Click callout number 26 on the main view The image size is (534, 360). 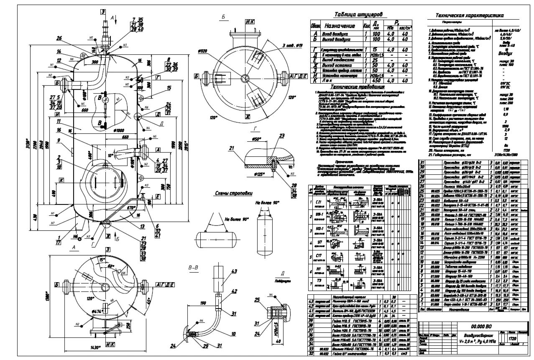pyautogui.click(x=59, y=38)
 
